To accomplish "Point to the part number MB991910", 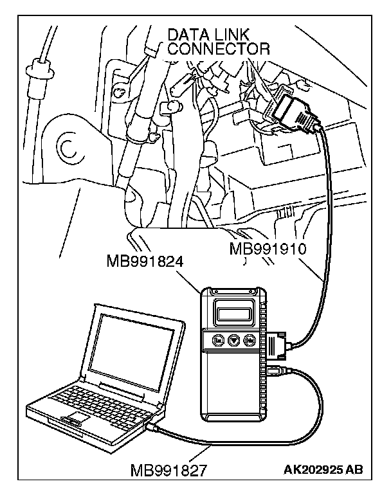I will pos(271,248).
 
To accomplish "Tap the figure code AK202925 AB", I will pos(323,470).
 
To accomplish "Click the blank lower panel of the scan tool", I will pos(232,392).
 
